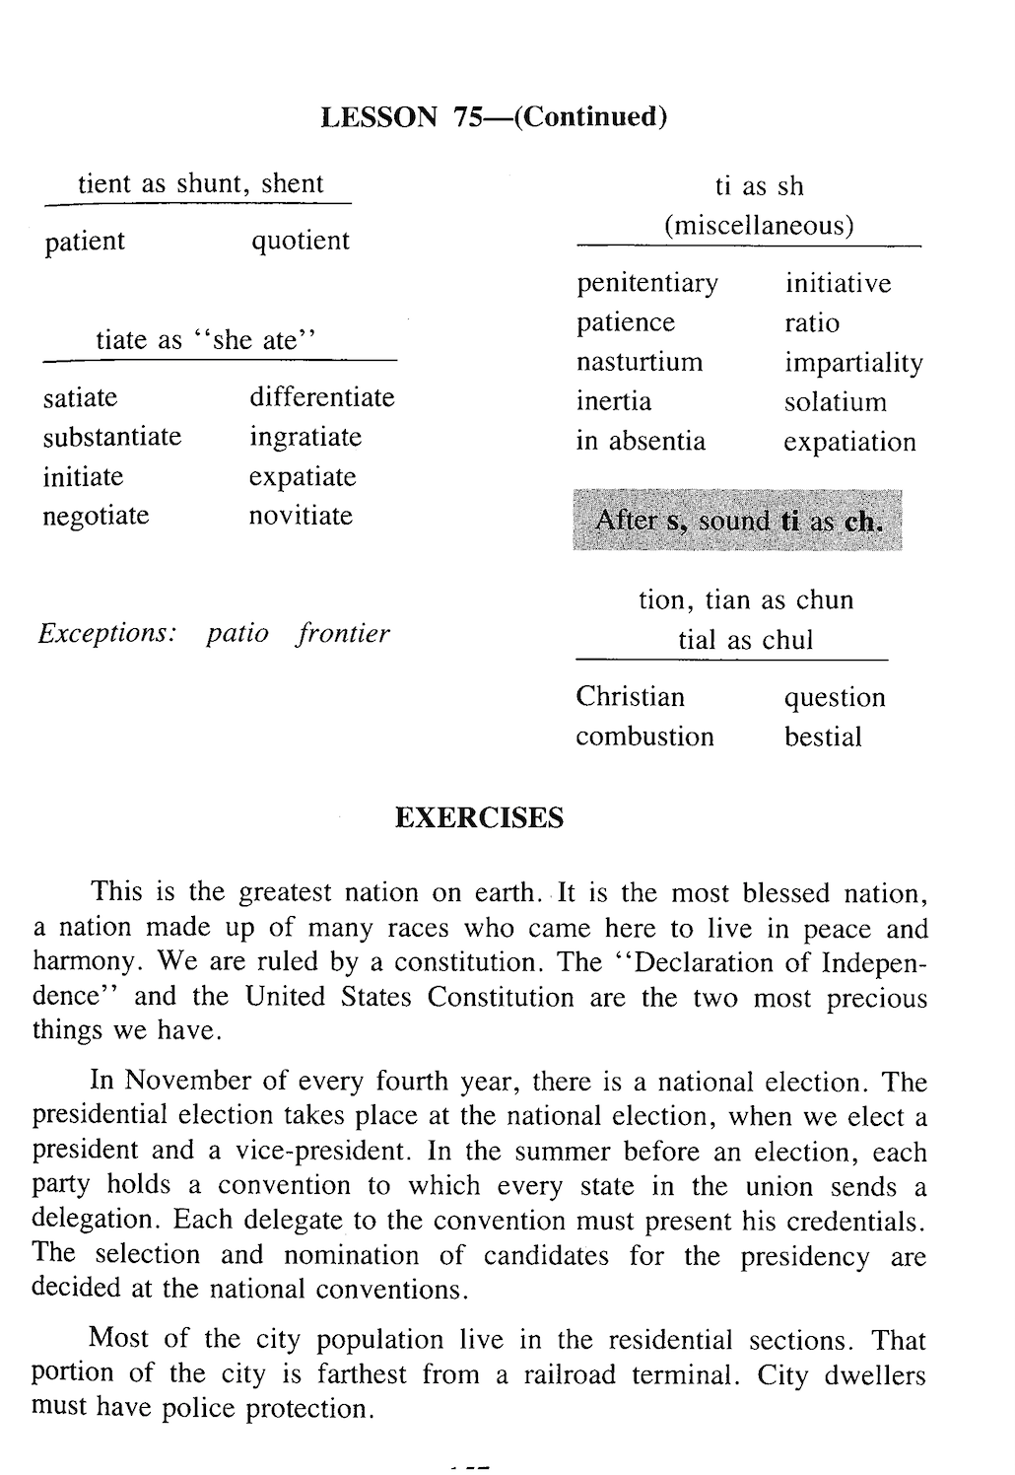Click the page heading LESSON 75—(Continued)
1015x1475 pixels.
[x=495, y=117]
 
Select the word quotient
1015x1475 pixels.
[x=301, y=242]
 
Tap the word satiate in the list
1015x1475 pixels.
[x=80, y=397]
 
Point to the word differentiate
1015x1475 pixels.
[x=321, y=397]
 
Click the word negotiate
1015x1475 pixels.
[x=96, y=516]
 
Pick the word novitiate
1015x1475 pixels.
[x=301, y=516]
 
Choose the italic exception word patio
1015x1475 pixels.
[x=237, y=633]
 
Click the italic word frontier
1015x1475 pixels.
[x=343, y=633]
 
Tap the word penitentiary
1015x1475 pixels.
[x=647, y=284]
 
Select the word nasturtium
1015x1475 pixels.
[x=640, y=362]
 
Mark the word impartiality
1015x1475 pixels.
[x=853, y=364]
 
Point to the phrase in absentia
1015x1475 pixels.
[x=641, y=441]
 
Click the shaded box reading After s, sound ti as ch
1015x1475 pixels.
[x=737, y=520]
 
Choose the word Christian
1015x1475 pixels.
[x=630, y=697]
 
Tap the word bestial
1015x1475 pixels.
[x=823, y=737]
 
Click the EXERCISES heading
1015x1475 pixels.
[x=479, y=818]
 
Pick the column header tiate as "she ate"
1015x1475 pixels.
[x=206, y=341]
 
